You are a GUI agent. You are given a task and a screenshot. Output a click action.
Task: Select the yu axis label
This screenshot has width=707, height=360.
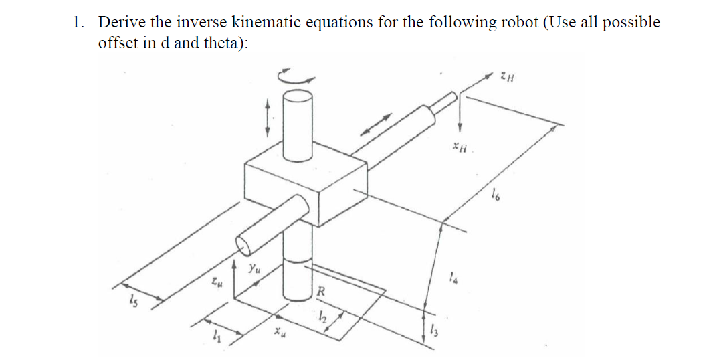(x=254, y=270)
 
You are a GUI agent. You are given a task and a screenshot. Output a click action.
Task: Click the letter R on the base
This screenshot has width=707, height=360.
(x=321, y=292)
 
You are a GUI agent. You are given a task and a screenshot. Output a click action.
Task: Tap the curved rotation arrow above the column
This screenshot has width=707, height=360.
(x=297, y=76)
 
